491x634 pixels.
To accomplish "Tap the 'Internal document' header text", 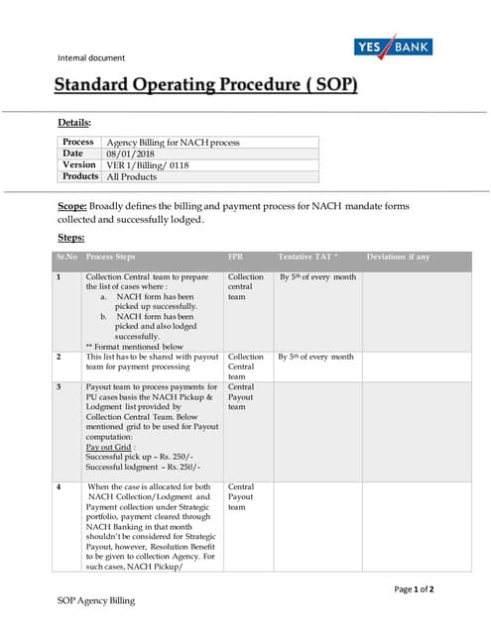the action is [91, 57].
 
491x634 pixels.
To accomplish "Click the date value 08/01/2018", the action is [131, 154].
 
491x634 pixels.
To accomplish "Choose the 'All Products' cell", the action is [135, 176].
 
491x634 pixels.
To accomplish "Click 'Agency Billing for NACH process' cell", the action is [173, 143].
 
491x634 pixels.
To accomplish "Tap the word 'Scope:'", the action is [72, 205].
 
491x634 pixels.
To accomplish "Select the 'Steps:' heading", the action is [71, 238].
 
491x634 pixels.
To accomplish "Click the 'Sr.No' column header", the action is [66, 257].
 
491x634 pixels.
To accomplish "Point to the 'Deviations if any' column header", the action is [398, 257].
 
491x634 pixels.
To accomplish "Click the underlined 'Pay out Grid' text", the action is [107, 447].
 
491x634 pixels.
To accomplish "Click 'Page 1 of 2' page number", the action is [414, 588].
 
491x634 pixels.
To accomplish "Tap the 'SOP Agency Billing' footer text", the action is [95, 601].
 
